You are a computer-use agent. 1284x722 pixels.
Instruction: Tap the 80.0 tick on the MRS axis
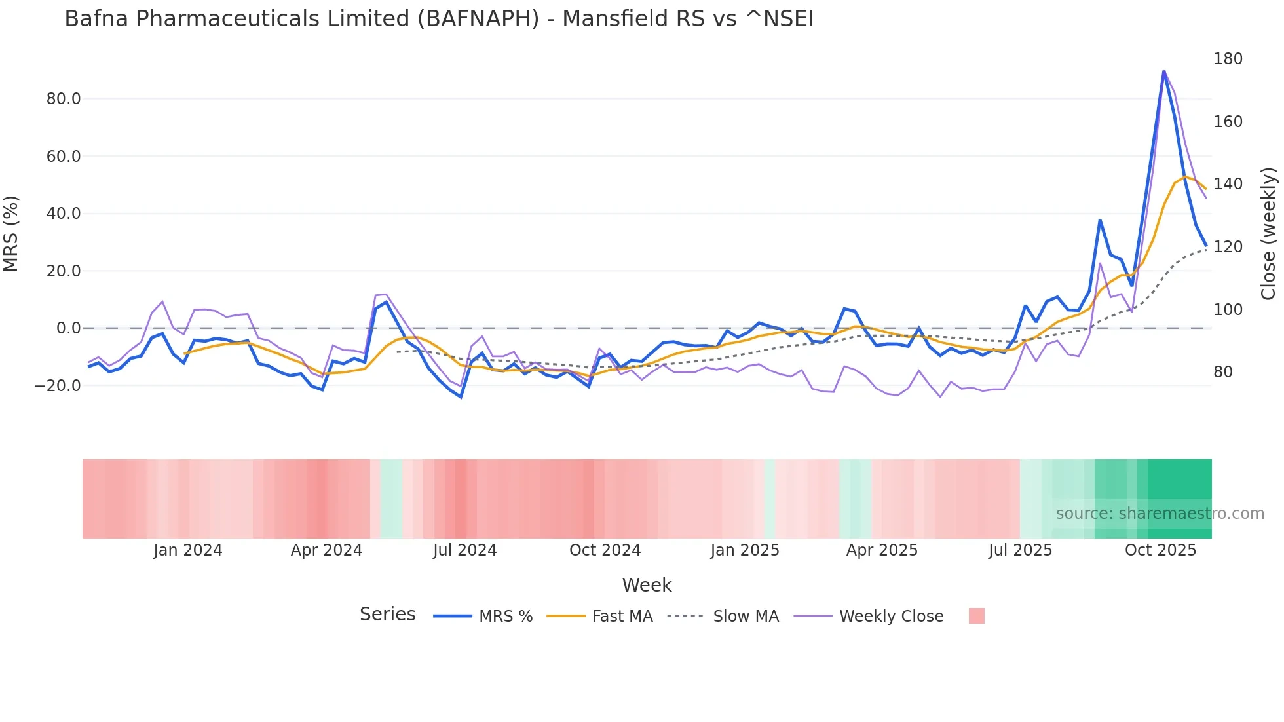point(64,99)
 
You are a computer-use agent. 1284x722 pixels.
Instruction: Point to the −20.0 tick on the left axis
point(58,386)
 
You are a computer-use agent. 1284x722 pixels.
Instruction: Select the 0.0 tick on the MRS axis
point(68,328)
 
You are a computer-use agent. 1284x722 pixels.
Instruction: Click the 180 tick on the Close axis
point(1228,59)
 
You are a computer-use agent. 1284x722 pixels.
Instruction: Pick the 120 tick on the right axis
point(1228,247)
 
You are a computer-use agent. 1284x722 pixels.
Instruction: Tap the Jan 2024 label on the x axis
point(188,550)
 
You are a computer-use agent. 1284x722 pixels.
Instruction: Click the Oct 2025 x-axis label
point(1160,550)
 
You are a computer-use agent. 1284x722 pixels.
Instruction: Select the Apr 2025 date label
point(882,550)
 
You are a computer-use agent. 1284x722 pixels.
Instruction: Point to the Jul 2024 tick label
point(465,550)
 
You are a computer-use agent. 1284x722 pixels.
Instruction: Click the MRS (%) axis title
point(11,233)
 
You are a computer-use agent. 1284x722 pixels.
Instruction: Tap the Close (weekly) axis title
point(1268,233)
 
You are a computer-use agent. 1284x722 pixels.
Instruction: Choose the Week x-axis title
point(647,585)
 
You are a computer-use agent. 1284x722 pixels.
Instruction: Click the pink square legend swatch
point(976,616)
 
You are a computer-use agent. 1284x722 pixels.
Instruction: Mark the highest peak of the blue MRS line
point(1163,71)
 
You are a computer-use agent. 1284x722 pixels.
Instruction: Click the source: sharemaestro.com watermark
point(1160,514)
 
